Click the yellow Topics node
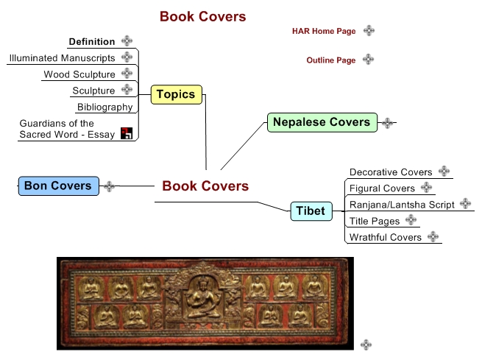pyautogui.click(x=176, y=94)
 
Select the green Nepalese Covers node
pyautogui.click(x=321, y=122)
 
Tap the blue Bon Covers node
pyautogui.click(x=57, y=186)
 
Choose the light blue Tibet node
pyautogui.click(x=310, y=211)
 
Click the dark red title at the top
pyautogui.click(x=202, y=16)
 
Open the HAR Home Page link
pyautogui.click(x=324, y=31)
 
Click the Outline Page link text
pyautogui.click(x=331, y=60)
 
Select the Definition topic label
pyautogui.click(x=92, y=42)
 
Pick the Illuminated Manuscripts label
pyautogui.click(x=63, y=58)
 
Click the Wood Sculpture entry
pyautogui.click(x=79, y=74)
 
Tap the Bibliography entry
pyautogui.click(x=104, y=107)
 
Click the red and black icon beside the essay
pyautogui.click(x=127, y=133)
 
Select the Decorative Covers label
pyautogui.click(x=391, y=172)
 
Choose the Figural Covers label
pyautogui.click(x=383, y=188)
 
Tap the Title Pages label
pyautogui.click(x=375, y=221)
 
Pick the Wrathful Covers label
pyautogui.click(x=386, y=237)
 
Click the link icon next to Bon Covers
pyautogui.click(x=110, y=186)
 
